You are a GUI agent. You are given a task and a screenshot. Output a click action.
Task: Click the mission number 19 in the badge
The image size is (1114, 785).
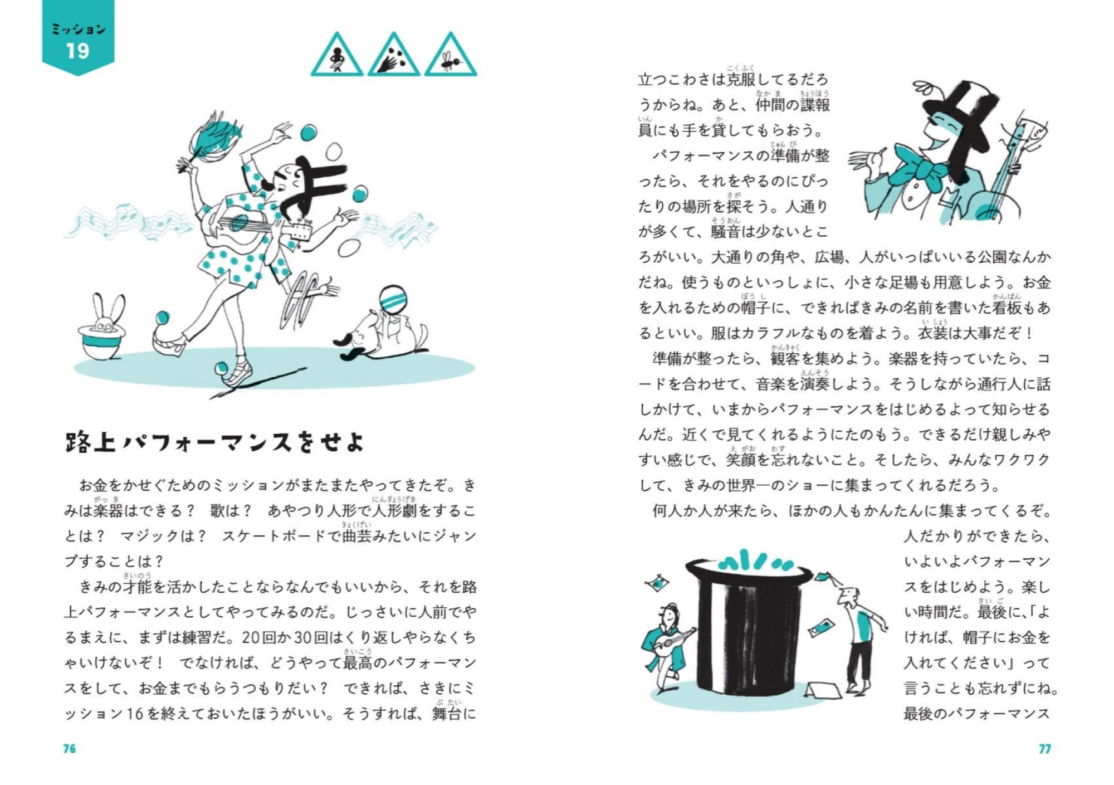[x=78, y=51]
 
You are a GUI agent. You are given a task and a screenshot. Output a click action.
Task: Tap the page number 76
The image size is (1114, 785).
[x=69, y=748]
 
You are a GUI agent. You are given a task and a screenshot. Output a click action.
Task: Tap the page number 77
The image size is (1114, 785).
[x=1044, y=748]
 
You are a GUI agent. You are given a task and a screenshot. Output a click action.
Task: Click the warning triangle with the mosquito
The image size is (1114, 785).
[x=451, y=56]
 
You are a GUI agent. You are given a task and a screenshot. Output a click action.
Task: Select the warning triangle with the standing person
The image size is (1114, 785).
[x=337, y=56]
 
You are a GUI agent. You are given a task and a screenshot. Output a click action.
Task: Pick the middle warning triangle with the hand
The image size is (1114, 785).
[x=394, y=56]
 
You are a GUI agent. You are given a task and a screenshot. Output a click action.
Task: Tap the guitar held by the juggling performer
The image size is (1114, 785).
[x=251, y=223]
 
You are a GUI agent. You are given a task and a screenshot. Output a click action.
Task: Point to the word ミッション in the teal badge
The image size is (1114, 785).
[x=78, y=29]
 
